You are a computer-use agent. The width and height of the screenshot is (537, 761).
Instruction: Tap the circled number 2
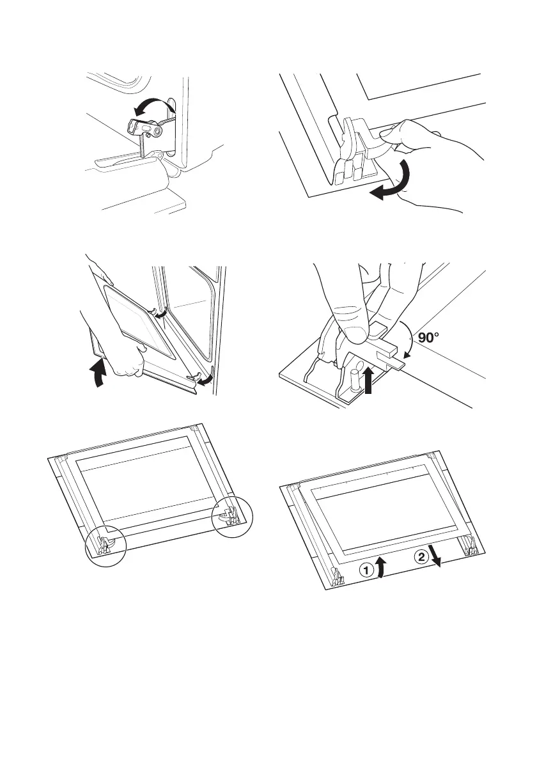421,557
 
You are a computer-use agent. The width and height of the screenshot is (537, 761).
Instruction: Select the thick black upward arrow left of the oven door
98,372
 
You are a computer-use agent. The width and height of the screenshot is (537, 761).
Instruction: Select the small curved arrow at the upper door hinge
159,313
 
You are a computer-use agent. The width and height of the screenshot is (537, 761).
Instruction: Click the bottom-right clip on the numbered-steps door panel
472,547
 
